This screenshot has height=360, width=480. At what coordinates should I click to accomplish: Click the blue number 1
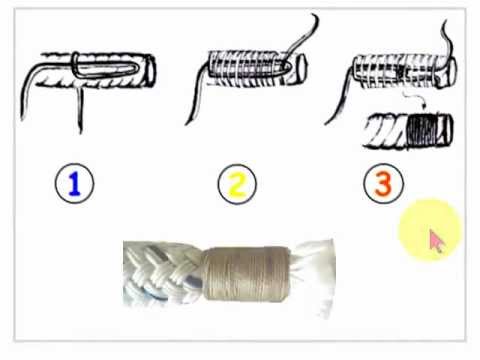tap(75, 184)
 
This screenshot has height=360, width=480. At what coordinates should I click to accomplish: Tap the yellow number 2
tap(237, 184)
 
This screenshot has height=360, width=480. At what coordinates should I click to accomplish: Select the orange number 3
tap(383, 184)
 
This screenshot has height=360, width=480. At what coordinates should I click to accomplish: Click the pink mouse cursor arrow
tap(437, 241)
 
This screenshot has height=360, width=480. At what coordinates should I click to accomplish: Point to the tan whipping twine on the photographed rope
tap(246, 274)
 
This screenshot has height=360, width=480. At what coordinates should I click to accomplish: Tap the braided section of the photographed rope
tap(163, 273)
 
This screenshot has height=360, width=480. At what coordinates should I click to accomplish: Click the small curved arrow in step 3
tap(416, 99)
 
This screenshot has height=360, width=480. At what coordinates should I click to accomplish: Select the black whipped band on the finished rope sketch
tap(422, 130)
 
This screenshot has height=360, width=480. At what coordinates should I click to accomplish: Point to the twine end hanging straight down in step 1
tap(80, 110)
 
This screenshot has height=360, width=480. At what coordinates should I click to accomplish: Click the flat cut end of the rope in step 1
tap(149, 71)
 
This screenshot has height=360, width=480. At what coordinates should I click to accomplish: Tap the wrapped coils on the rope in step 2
tap(247, 68)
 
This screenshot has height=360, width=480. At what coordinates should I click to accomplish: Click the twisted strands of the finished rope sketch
tap(385, 131)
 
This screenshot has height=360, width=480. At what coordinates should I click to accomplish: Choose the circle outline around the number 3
tap(364, 184)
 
